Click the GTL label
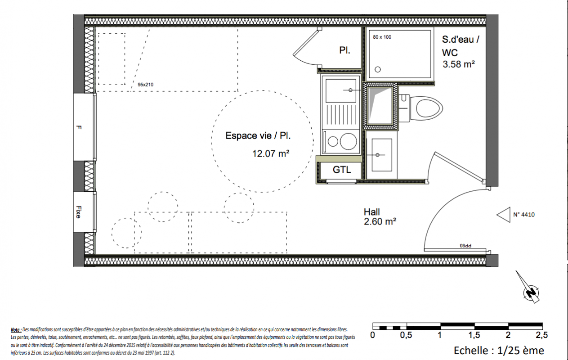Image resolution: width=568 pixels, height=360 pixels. point(342,170)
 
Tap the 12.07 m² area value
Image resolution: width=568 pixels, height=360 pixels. point(271,153)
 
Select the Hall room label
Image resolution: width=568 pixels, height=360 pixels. point(372,212)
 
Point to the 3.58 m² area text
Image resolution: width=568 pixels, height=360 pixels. point(458,64)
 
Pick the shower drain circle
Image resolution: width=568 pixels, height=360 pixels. point(378,69)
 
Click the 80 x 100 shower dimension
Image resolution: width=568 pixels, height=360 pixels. point(382,37)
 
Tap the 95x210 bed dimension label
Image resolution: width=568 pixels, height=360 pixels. point(146,85)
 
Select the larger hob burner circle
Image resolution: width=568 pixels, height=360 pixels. point(348,141)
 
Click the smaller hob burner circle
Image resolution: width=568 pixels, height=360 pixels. point(333,141)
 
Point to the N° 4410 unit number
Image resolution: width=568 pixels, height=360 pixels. point(524,215)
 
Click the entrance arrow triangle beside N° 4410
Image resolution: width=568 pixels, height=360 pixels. point(504,215)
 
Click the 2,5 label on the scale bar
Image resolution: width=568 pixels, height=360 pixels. point(541,335)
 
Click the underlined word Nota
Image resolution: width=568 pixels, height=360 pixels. point(16,330)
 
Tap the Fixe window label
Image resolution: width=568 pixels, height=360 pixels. point(79,212)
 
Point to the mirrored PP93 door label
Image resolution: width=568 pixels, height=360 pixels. point(465,246)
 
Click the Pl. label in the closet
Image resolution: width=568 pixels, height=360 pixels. point(344,50)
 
